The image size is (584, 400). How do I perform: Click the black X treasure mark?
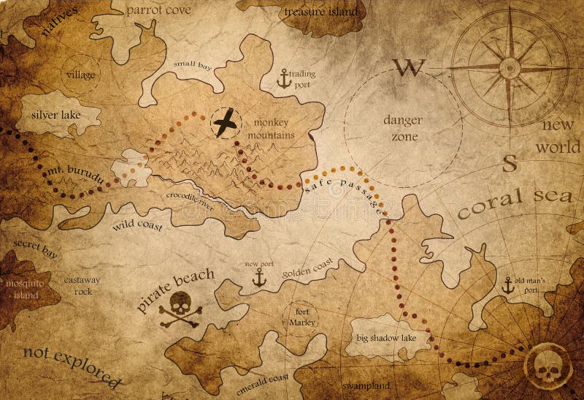[x=226, y=122]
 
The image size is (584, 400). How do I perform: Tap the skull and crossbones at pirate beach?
[x=180, y=309]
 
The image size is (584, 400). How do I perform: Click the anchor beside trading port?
[x=285, y=78]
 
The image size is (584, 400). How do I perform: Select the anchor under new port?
[x=258, y=277]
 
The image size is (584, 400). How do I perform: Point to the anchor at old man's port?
[x=507, y=285]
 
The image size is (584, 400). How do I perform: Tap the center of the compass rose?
[x=509, y=67]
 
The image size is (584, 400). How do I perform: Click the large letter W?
[x=409, y=68]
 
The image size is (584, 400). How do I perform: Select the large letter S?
[x=510, y=162]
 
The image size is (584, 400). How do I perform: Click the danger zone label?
[x=403, y=128]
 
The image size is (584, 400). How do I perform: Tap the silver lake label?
[x=58, y=115]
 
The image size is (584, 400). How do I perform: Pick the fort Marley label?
[x=301, y=316]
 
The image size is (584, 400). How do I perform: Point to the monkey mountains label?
[x=271, y=129]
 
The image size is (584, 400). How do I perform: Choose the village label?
[x=80, y=75]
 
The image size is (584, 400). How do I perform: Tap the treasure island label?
[x=321, y=11]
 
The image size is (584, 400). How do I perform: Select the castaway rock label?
[x=82, y=285]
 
